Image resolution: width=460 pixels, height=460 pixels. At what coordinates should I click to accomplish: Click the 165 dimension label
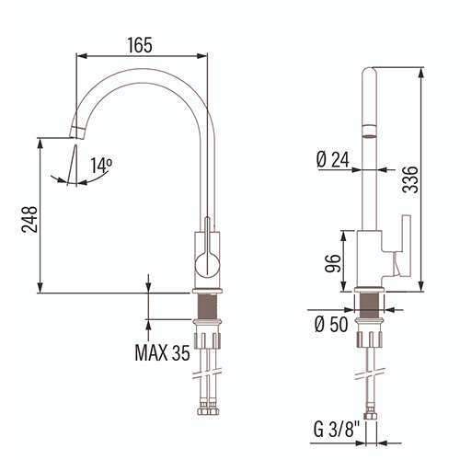tap(140, 45)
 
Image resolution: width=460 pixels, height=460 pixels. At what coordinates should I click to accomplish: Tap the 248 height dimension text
tap(29, 219)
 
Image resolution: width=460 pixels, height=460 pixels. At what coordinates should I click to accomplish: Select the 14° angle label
tap(101, 166)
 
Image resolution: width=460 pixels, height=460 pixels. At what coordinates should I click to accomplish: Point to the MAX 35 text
tap(162, 352)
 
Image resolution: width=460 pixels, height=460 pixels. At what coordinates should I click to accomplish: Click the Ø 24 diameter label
tap(333, 160)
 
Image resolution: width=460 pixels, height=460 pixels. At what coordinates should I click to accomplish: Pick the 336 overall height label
tap(410, 179)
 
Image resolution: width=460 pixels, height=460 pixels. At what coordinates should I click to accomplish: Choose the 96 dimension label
tap(333, 263)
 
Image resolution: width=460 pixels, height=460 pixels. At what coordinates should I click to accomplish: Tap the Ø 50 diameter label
tap(331, 324)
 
